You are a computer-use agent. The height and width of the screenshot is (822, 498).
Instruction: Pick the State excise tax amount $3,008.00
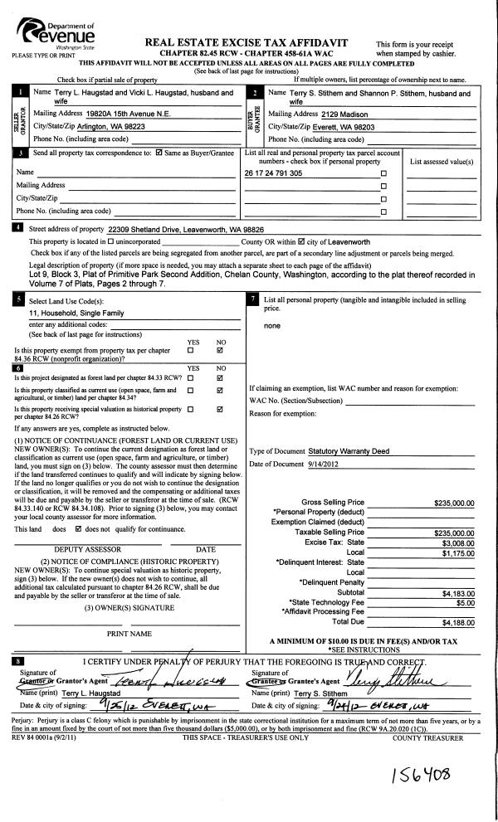coord(457,542)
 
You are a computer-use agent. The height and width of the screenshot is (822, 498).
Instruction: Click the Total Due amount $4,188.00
coord(457,621)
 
